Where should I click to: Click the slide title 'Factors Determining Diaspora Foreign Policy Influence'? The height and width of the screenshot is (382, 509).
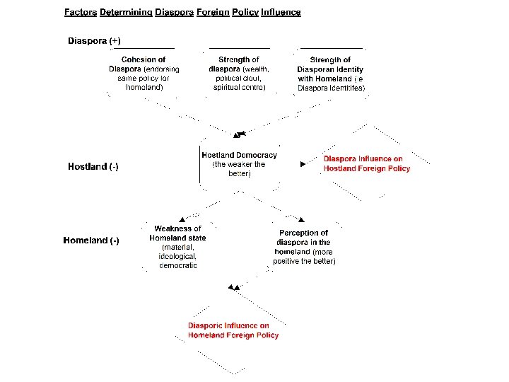[x=182, y=12]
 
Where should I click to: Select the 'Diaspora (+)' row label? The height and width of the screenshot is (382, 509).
[x=99, y=41]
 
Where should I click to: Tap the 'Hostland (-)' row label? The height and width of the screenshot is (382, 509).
[x=93, y=167]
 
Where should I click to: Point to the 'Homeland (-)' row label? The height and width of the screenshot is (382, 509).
[x=91, y=241]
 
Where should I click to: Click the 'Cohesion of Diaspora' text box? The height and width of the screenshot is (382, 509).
[x=144, y=74]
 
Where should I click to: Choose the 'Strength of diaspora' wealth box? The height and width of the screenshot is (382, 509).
[x=239, y=74]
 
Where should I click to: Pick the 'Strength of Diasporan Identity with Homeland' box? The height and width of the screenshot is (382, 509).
[x=331, y=74]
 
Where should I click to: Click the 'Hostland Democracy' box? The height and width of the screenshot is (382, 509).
[x=239, y=164]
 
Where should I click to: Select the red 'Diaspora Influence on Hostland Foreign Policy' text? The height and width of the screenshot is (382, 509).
[x=366, y=164]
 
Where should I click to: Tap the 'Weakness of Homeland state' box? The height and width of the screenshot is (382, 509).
[x=177, y=247]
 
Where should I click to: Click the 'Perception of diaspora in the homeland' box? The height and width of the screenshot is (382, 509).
[x=304, y=247]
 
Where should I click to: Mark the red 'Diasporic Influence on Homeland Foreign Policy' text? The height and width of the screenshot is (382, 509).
[x=233, y=330]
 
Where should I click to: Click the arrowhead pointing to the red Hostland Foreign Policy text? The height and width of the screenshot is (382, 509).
[x=303, y=164]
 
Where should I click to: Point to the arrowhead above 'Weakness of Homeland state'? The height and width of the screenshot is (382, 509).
[x=182, y=219]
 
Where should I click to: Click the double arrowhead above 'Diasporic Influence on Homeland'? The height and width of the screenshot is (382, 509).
[x=233, y=287]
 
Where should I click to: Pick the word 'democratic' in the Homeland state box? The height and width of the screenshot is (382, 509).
[x=178, y=265]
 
